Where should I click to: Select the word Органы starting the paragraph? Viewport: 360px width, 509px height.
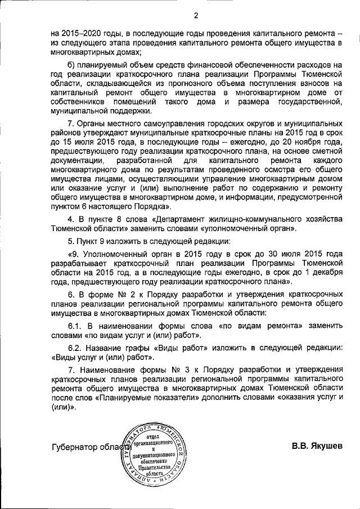tap(96, 124)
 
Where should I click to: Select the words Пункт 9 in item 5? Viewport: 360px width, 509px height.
tap(92, 242)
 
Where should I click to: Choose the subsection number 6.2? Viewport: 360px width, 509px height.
tap(75, 348)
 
